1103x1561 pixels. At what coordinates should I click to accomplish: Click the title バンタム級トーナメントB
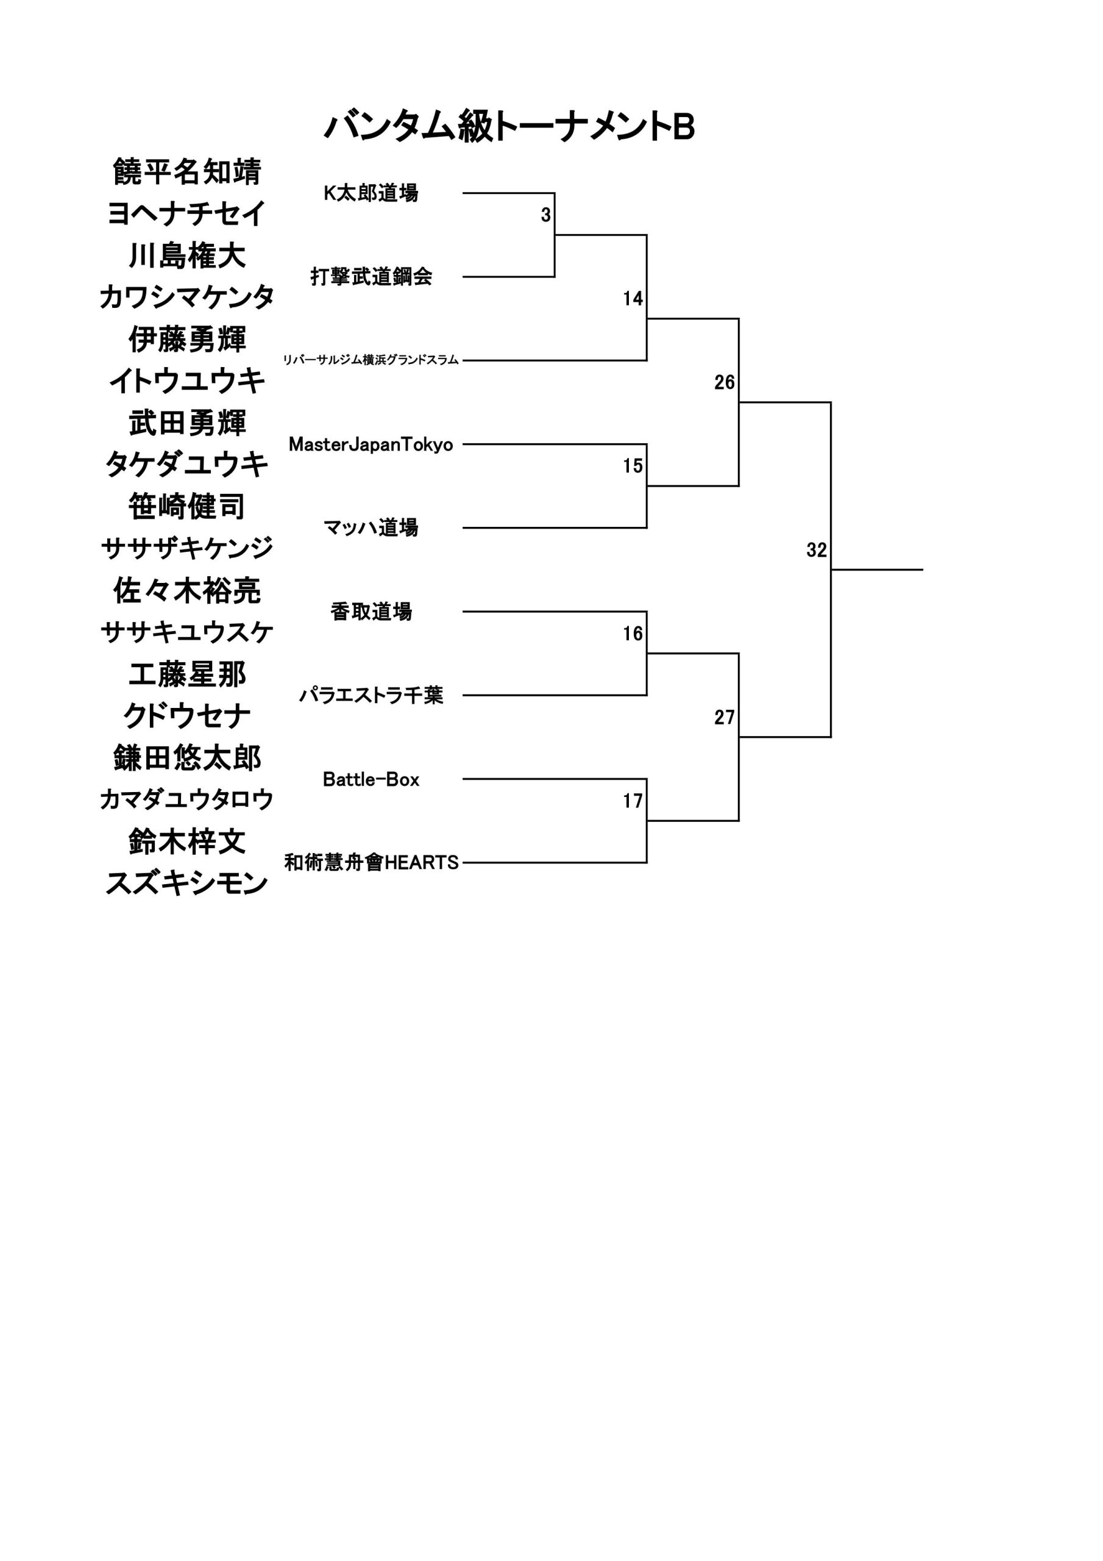tap(509, 127)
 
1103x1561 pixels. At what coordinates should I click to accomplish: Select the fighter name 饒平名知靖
tap(187, 172)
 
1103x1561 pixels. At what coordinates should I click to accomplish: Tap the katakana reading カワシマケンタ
tap(187, 297)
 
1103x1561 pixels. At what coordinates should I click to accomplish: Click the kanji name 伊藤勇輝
tap(187, 339)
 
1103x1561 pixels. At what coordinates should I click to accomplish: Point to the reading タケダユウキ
tap(187, 465)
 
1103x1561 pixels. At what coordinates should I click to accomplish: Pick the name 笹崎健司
tap(187, 507)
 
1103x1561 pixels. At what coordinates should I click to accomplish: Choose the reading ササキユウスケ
tap(187, 632)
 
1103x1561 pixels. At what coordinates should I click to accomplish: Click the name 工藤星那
tap(187, 674)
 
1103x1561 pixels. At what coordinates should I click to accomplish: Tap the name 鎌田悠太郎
tap(187, 758)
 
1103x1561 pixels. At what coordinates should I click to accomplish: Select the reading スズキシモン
tap(187, 884)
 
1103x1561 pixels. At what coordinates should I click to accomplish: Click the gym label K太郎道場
tap(371, 193)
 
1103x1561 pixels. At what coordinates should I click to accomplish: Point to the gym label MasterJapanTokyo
tap(371, 445)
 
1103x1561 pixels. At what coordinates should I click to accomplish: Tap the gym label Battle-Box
tap(371, 779)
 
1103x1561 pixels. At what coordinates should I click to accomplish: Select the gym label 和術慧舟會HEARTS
tap(371, 863)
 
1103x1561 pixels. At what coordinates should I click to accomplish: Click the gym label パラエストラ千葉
tap(371, 696)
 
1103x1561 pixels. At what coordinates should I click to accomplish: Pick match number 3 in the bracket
tap(546, 215)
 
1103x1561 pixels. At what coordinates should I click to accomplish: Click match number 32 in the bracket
tap(816, 550)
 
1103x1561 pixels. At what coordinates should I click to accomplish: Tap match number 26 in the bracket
tap(725, 383)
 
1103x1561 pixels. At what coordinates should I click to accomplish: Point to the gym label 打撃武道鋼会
tap(371, 277)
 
